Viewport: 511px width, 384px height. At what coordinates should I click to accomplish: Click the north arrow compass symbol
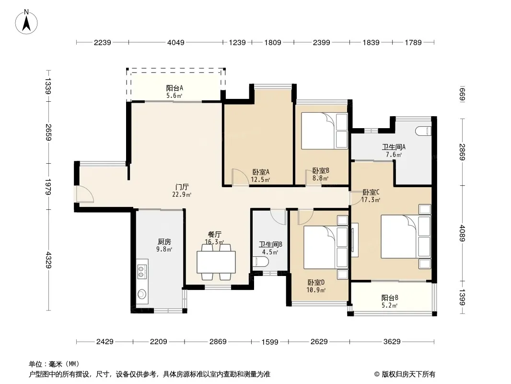click(26, 22)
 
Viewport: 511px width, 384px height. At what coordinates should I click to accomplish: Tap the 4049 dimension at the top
click(175, 42)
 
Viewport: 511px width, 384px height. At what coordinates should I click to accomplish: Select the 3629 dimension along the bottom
click(392, 342)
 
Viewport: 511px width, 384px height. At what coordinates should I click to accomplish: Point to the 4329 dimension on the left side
click(48, 260)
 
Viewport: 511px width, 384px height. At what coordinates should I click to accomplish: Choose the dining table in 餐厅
click(216, 262)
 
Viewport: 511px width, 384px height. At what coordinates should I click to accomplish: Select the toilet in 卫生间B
click(260, 261)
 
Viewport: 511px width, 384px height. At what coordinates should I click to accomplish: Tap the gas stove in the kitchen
click(141, 272)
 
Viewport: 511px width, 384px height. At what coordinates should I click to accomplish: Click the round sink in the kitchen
click(141, 294)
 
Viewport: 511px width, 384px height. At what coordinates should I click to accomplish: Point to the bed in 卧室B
click(324, 131)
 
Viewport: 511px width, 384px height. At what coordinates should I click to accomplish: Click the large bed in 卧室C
click(406, 236)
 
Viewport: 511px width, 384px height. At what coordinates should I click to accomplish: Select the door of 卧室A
click(241, 178)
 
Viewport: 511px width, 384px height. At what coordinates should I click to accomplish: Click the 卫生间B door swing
click(279, 216)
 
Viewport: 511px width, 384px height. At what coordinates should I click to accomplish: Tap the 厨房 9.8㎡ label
click(164, 245)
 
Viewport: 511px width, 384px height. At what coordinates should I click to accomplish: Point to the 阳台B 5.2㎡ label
click(390, 301)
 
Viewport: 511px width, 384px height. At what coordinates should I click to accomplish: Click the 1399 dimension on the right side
click(462, 297)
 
